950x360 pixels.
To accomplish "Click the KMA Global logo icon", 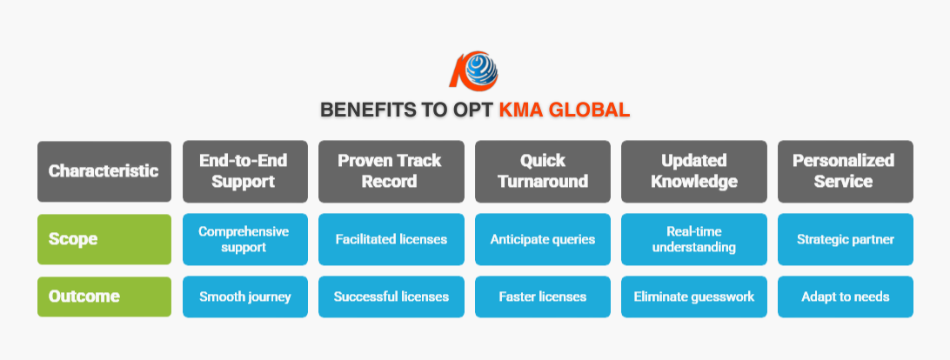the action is (474, 70).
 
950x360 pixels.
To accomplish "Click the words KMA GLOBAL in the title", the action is (564, 110).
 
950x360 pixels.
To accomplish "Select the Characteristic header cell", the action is (104, 171).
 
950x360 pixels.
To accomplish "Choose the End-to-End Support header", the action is (245, 171).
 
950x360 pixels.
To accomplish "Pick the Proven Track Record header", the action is (391, 171).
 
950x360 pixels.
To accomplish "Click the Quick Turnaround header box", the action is (543, 171).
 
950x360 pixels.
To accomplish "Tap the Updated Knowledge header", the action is (694, 171).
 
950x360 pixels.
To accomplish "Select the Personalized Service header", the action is (846, 171).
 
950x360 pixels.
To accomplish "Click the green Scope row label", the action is (104, 239).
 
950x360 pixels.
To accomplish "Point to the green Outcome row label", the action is (104, 297).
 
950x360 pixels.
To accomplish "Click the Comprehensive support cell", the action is (245, 239).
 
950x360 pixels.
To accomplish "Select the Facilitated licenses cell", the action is (391, 239).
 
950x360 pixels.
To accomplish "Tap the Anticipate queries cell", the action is (543, 239).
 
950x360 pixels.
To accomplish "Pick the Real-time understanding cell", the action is (694, 239).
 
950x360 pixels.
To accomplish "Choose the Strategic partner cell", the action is (846, 239).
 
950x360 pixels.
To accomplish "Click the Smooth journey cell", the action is (245, 297).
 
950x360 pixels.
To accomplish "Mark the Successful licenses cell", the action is (391, 297).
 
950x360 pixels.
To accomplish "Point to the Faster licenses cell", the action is (543, 297).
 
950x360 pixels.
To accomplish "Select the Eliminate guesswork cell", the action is (694, 297).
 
